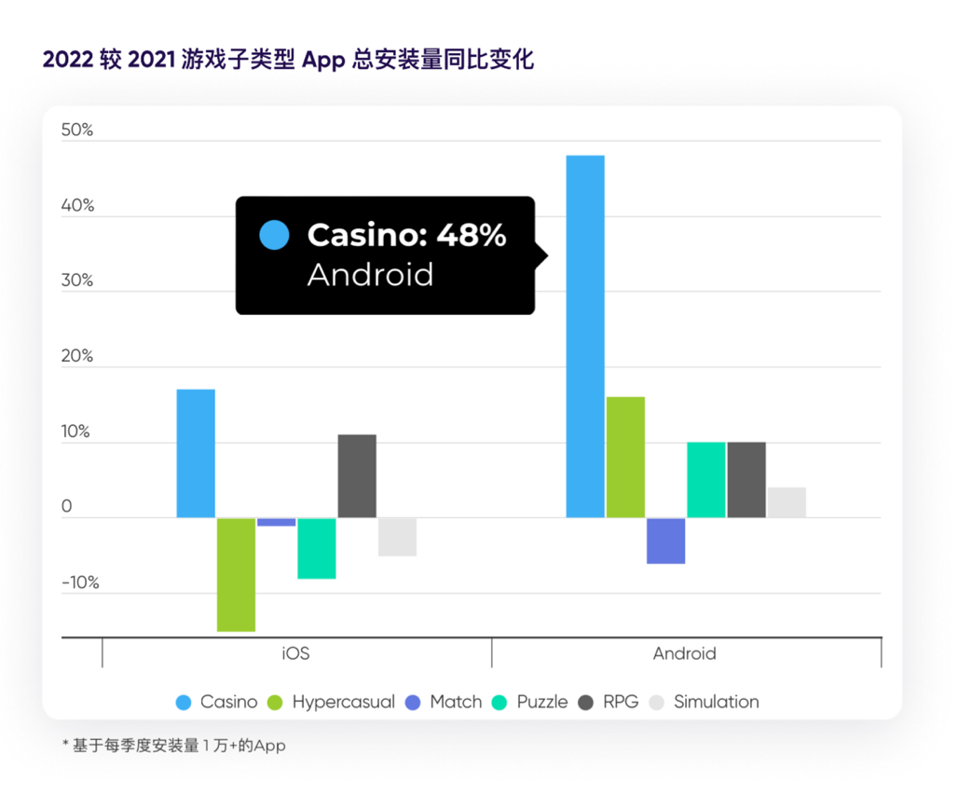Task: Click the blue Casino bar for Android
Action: point(585,336)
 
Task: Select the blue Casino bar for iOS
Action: point(196,453)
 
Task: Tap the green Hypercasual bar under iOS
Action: point(236,574)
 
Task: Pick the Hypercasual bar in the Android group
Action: point(625,457)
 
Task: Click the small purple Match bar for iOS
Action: point(276,522)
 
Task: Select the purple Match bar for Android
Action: point(665,541)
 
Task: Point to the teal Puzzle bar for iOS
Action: point(317,548)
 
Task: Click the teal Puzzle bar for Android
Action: point(705,479)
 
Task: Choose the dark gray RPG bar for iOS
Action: point(357,475)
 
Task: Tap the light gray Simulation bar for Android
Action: point(787,502)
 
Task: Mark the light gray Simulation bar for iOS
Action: point(397,537)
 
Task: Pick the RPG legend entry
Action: point(609,702)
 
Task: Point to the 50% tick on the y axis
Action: point(77,130)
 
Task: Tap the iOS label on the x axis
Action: point(295,653)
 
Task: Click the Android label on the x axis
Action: point(684,653)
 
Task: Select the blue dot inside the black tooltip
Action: point(274,235)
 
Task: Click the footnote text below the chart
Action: point(173,746)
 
